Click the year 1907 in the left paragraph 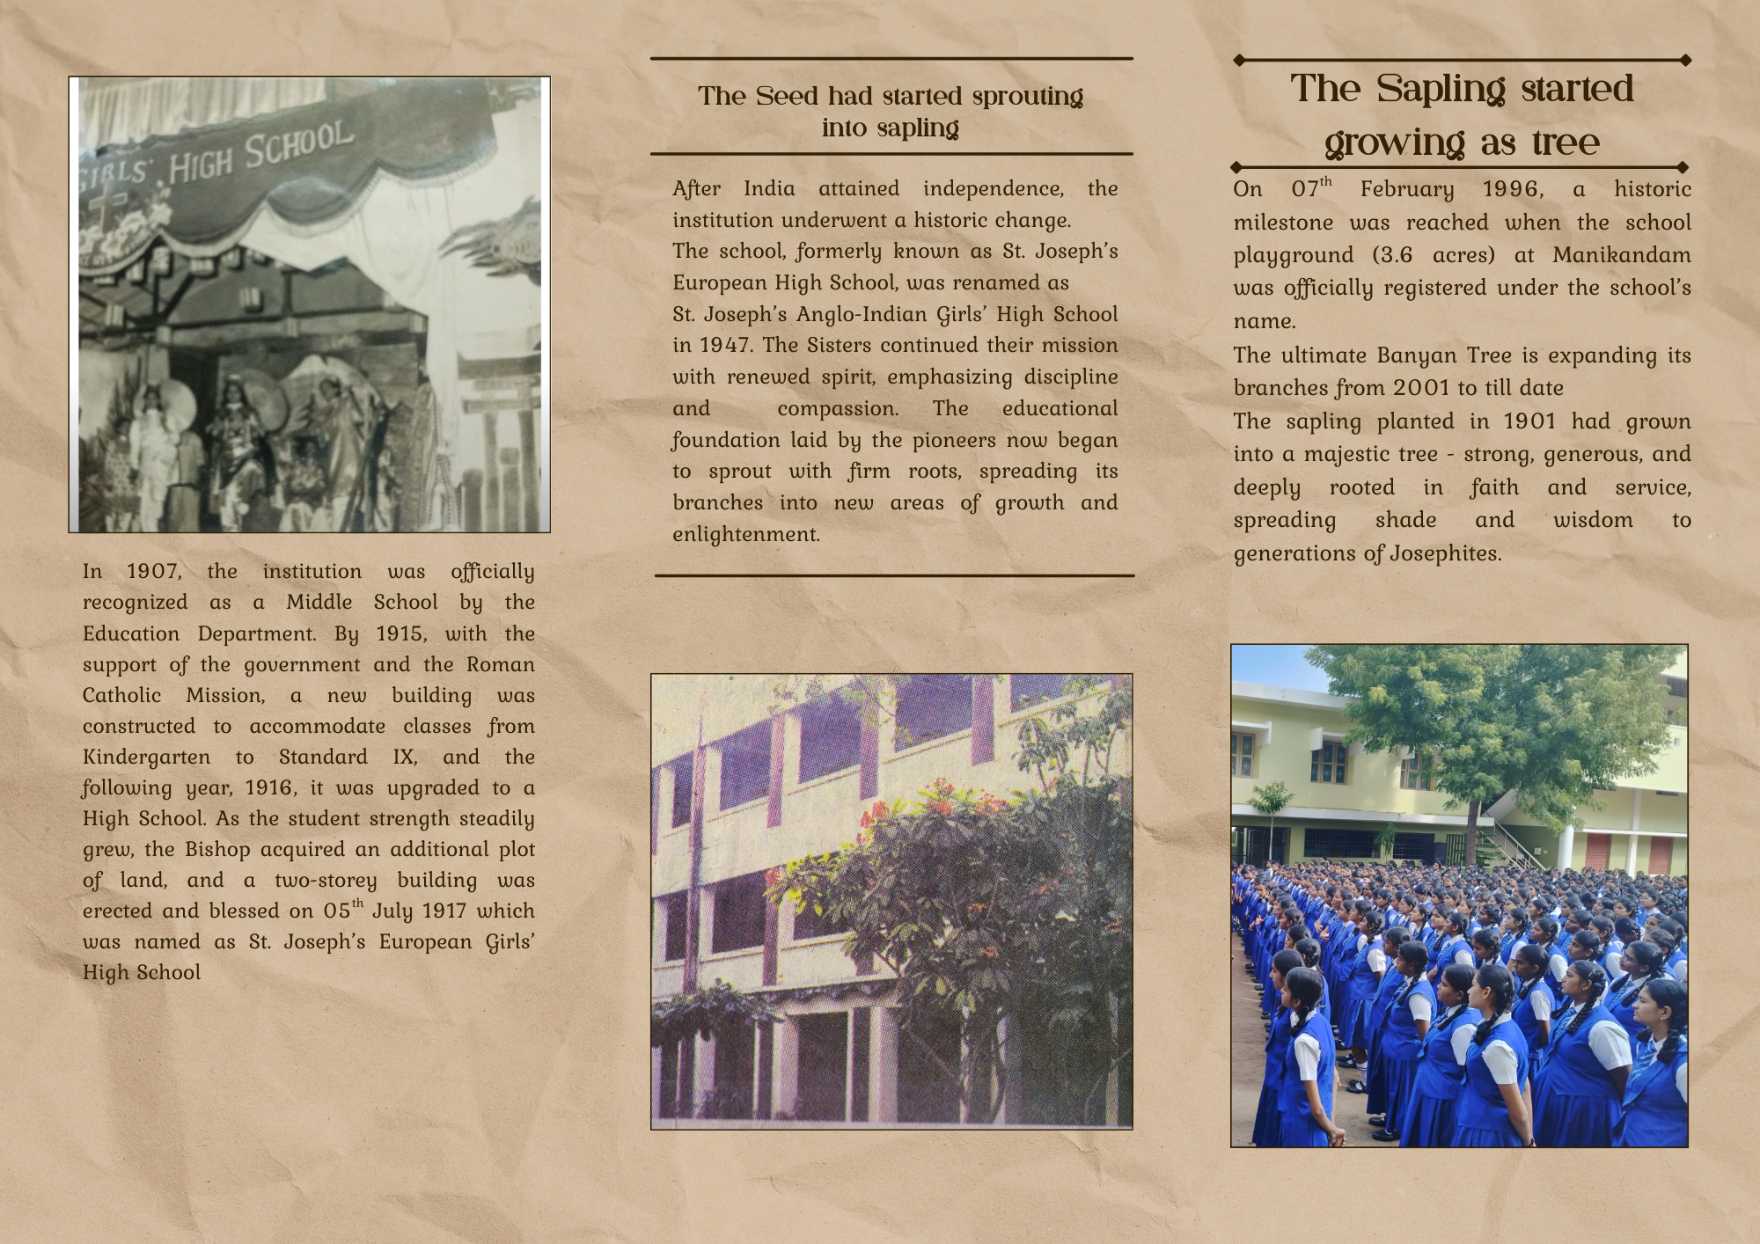click(x=153, y=572)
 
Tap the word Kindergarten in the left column click(x=146, y=757)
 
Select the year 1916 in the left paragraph click(x=270, y=788)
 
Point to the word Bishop click(x=217, y=850)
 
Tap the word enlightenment click(x=745, y=535)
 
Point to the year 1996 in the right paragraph click(x=1512, y=190)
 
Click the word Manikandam click(x=1621, y=256)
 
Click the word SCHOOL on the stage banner click(x=299, y=145)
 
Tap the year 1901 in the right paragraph click(x=1529, y=421)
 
